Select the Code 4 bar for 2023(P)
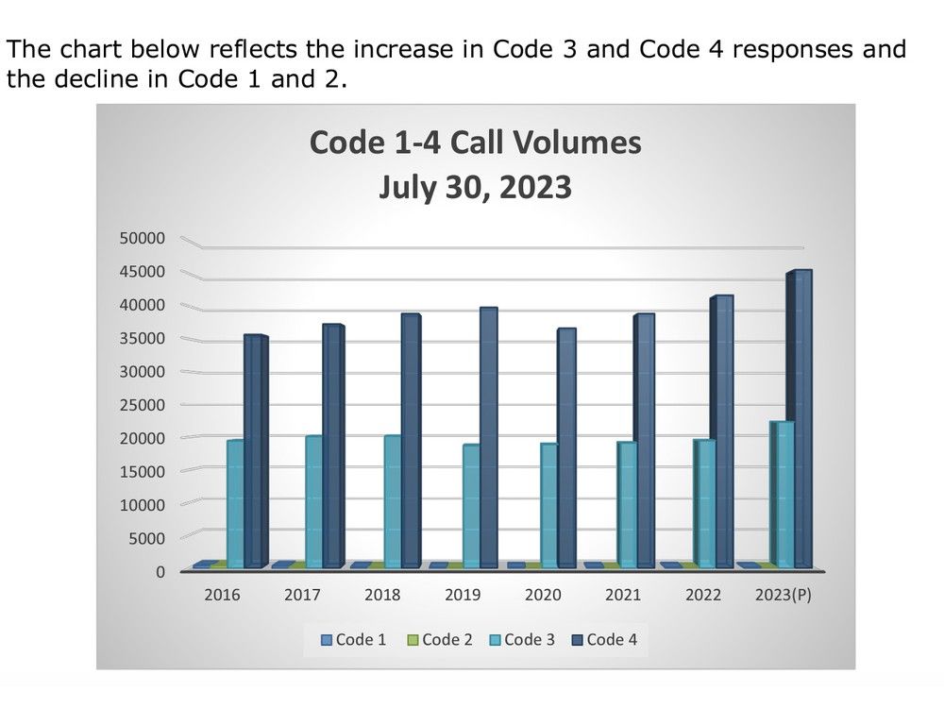(801, 419)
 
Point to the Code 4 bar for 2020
(565, 447)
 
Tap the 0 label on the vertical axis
(160, 571)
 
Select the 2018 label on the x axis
(382, 596)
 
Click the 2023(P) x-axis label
(784, 596)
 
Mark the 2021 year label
(623, 596)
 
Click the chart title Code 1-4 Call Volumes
(475, 143)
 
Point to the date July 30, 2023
(475, 186)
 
